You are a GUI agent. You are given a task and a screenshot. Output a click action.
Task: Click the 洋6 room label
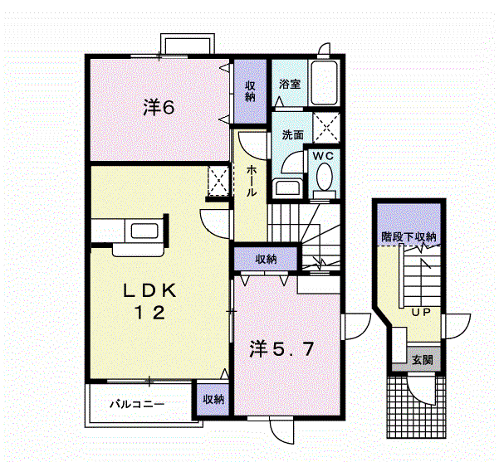point(159,107)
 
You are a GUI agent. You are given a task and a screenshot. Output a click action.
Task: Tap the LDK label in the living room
point(149,290)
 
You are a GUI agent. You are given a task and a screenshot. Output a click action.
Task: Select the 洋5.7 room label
point(282,349)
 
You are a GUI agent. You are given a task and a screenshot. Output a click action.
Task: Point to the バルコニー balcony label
point(137,405)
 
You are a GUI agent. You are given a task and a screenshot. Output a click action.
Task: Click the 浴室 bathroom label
point(290,85)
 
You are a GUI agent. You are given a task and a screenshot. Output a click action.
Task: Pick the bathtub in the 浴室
point(324,82)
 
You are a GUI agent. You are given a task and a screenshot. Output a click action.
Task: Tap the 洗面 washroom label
point(292,135)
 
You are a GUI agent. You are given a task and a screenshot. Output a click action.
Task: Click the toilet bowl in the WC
point(325,177)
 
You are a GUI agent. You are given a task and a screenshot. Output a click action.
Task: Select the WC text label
point(323,156)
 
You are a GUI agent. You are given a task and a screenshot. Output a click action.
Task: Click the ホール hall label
point(251,181)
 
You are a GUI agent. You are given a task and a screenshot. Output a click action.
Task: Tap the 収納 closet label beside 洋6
point(250,91)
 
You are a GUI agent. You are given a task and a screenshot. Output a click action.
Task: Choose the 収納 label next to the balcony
point(213,399)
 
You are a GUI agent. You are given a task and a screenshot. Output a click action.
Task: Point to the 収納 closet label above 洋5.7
point(266,259)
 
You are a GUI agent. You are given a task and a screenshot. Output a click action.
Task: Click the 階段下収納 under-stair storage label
point(408,237)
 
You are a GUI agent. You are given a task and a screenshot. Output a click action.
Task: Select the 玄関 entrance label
point(422,360)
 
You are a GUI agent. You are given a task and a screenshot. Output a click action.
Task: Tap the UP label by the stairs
point(421,312)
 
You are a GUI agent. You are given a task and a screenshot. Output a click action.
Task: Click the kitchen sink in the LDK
point(144,231)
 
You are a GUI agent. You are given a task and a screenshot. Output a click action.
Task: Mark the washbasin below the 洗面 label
point(288,187)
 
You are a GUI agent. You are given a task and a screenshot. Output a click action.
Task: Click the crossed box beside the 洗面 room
point(326,128)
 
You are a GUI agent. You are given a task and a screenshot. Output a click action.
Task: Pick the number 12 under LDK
point(149,313)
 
